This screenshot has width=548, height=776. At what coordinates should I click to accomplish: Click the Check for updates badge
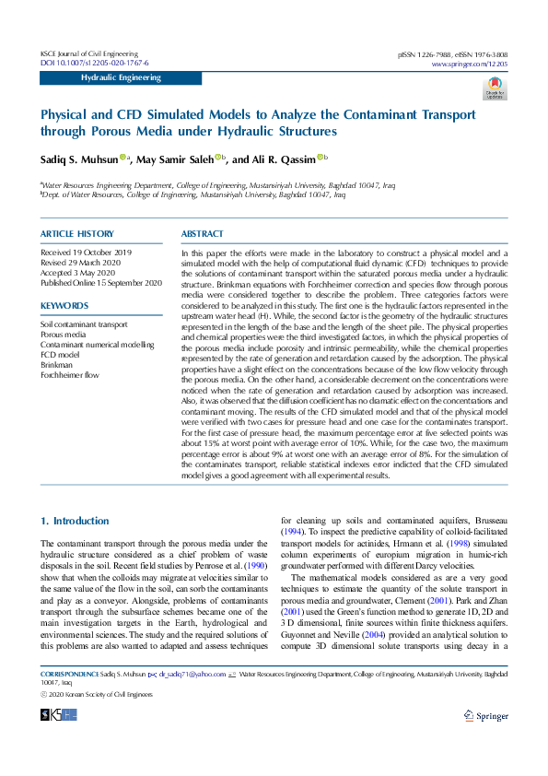click(x=496, y=88)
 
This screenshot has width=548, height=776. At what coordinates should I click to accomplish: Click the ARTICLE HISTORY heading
click(x=77, y=234)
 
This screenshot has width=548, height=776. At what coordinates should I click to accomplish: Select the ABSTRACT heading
click(x=203, y=234)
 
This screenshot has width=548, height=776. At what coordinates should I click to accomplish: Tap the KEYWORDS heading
click(x=64, y=305)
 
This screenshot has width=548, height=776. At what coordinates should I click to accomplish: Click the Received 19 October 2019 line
click(x=86, y=252)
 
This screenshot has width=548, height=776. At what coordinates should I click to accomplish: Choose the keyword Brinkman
click(x=57, y=364)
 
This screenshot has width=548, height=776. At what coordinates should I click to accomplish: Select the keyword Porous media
click(x=64, y=335)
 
